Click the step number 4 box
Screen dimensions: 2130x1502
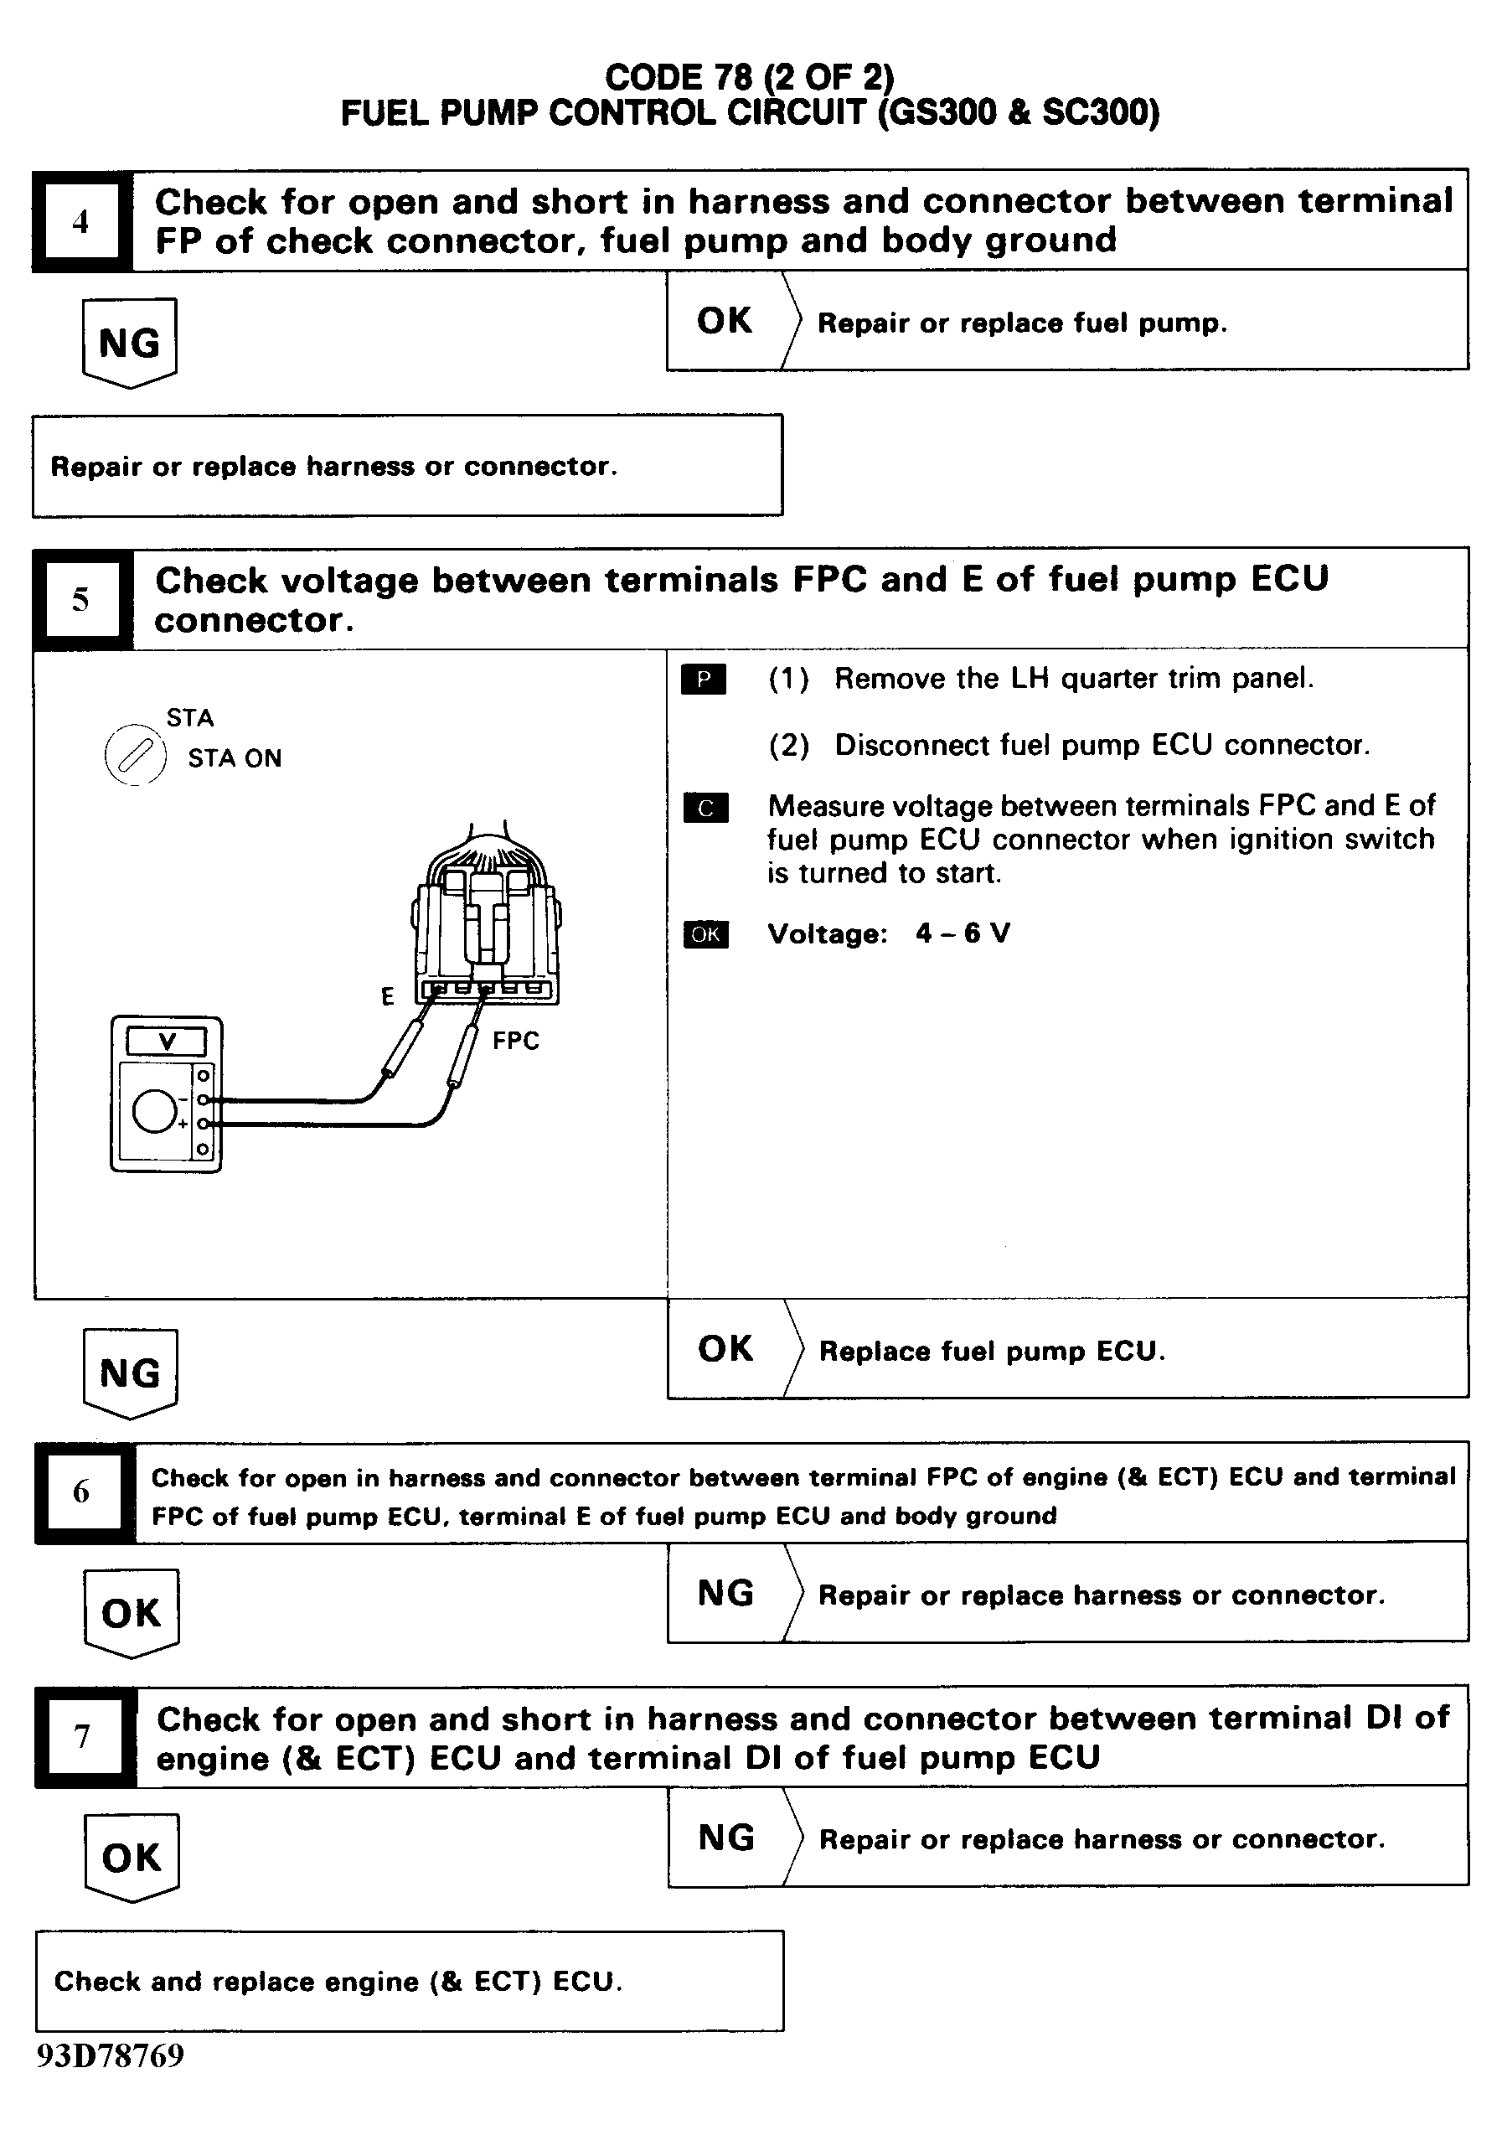80,222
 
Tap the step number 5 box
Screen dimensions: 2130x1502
80,599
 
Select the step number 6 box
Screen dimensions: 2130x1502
81,1491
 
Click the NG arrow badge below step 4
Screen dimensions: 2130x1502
130,343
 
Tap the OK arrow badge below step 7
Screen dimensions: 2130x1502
132,1856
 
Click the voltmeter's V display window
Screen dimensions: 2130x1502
167,1042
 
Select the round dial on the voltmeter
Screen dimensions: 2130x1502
155,1110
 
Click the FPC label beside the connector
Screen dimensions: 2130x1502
516,1041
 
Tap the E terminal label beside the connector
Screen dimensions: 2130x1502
388,996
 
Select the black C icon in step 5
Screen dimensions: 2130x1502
706,808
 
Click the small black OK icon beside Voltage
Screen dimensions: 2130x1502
706,934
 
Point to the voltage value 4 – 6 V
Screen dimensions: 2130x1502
963,933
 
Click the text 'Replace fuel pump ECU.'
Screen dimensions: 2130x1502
992,1351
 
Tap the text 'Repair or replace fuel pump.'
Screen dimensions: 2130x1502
1021,323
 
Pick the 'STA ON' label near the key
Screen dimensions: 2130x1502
235,759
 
